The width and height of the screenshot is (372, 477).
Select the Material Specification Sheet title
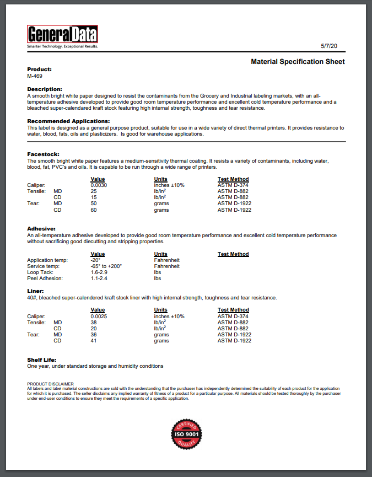(298, 62)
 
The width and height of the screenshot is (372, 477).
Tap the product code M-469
(35, 76)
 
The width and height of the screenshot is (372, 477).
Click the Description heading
(45, 89)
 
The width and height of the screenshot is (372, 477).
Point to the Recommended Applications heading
(68, 121)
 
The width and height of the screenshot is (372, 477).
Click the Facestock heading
(43, 154)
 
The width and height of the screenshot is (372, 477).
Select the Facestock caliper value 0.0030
(99, 185)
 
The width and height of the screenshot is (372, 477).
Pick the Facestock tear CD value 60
(94, 210)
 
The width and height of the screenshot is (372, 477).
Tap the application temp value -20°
(95, 260)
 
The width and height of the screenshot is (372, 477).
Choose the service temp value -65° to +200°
(106, 266)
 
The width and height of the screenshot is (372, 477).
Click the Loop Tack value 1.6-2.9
(100, 272)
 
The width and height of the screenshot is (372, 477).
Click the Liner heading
(35, 291)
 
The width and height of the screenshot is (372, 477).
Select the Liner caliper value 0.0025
(99, 316)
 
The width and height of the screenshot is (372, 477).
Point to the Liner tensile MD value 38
(94, 322)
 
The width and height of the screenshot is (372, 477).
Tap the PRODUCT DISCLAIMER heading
(50, 383)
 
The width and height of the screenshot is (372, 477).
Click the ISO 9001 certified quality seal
(186, 435)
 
